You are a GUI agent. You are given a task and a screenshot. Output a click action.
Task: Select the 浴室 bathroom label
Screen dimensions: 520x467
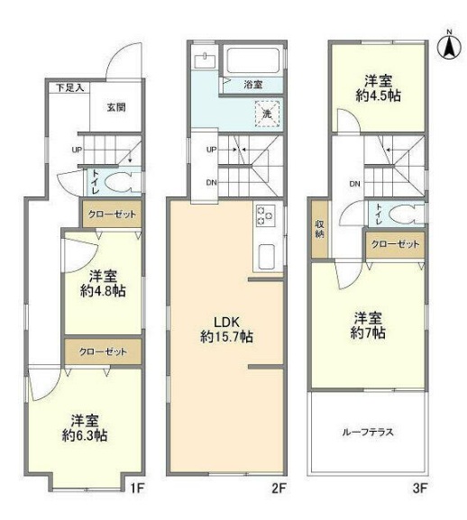click(253, 85)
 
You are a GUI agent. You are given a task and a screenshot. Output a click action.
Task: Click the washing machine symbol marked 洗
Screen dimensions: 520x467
click(267, 114)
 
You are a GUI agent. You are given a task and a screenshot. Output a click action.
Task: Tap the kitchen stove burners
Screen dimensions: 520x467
click(266, 216)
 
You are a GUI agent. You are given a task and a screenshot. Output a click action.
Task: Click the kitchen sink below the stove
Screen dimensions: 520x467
click(267, 254)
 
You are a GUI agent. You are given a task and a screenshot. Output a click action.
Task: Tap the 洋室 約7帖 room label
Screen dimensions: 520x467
click(369, 325)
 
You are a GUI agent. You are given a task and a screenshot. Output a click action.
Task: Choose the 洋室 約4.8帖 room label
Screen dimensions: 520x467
click(102, 283)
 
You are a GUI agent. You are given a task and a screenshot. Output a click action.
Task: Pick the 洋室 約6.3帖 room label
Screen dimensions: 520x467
click(85, 427)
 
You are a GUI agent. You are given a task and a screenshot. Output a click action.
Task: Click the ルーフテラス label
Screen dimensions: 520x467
click(368, 431)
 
